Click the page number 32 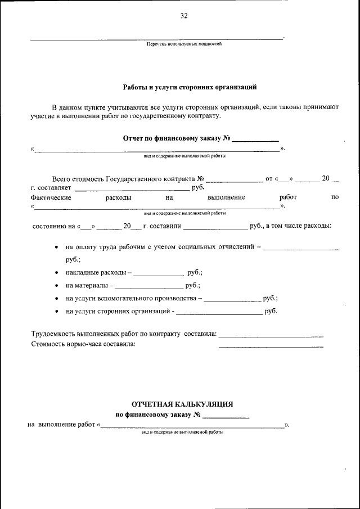tap(183, 16)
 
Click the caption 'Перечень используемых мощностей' tap(184, 44)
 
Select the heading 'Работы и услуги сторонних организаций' tap(190, 87)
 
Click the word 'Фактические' tap(51, 198)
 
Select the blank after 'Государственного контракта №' tap(235, 181)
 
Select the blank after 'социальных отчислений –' tap(301, 248)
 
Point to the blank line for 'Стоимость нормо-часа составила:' tap(271, 346)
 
